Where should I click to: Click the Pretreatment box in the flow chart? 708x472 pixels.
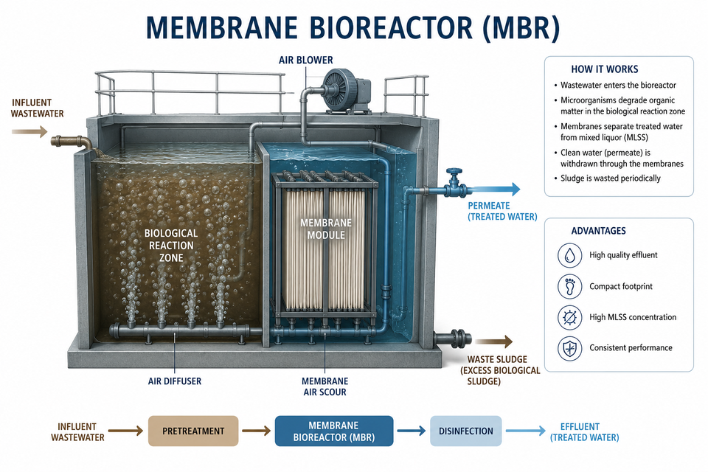[x=193, y=431]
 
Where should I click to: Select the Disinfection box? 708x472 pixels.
[x=465, y=431]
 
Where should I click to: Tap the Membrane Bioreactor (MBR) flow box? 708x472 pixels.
[x=333, y=431]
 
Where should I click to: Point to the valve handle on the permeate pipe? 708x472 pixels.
[x=454, y=173]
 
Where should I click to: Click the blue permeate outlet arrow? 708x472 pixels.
[x=493, y=190]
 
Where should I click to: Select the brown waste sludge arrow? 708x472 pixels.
[x=493, y=342]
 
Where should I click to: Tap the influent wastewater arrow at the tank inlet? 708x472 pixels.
[x=29, y=132]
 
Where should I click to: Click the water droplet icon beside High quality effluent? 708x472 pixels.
[x=569, y=255]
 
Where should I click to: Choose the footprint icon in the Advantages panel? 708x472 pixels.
[x=569, y=286]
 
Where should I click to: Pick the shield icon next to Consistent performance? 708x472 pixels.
[x=569, y=348]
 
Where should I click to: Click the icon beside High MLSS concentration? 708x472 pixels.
[x=569, y=317]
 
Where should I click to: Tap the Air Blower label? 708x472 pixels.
[x=305, y=60]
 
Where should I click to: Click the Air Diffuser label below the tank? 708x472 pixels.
[x=175, y=381]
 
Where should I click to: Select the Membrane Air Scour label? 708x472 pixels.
[x=325, y=386]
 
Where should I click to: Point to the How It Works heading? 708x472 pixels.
[x=605, y=69]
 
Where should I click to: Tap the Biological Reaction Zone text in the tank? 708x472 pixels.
[x=171, y=246]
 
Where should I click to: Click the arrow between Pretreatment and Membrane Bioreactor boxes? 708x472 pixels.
[x=256, y=431]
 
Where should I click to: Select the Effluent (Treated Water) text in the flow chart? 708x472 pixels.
[x=584, y=431]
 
